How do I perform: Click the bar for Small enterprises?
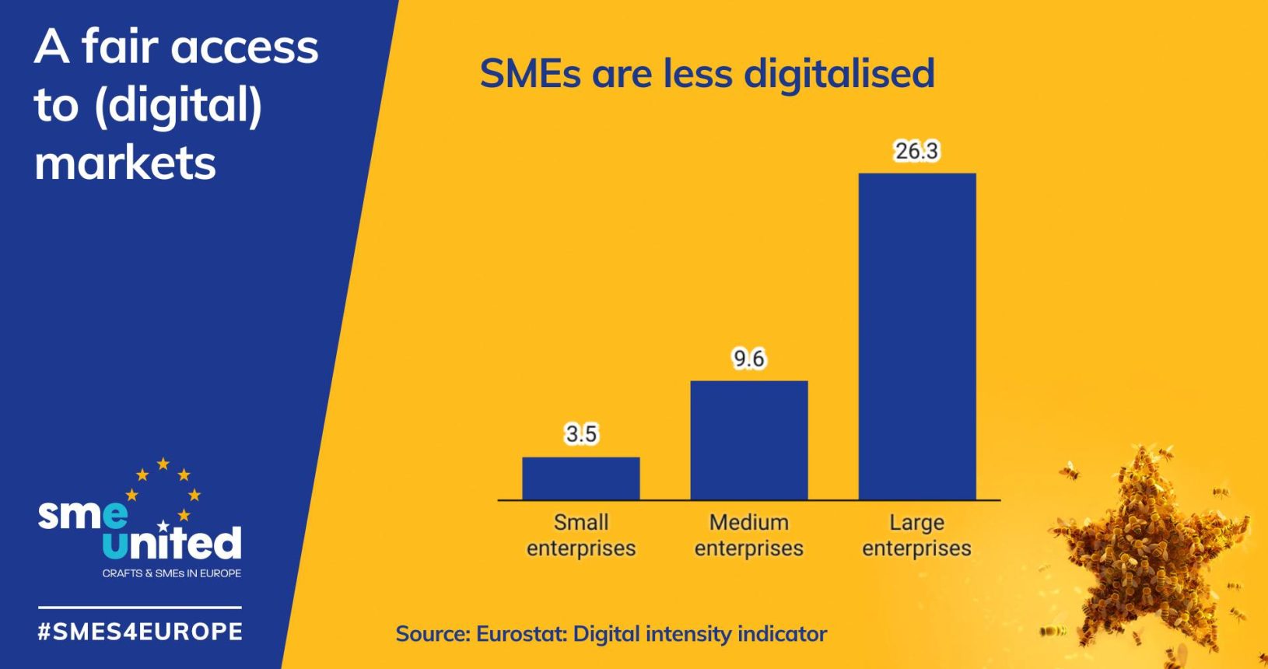point(580,478)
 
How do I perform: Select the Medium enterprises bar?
point(748,440)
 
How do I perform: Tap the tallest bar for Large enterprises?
point(916,336)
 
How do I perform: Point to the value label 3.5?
point(580,433)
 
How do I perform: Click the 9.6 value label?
point(748,358)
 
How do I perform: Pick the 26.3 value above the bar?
point(916,150)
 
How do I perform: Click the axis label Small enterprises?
point(580,535)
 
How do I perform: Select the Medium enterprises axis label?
point(748,535)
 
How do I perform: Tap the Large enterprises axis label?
point(916,535)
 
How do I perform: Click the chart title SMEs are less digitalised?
point(706,74)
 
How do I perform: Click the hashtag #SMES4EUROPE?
point(140,631)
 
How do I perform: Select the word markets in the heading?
point(125,163)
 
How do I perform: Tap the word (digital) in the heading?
point(177,106)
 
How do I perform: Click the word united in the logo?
point(172,542)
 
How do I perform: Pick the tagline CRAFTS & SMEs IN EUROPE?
point(172,573)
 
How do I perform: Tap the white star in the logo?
point(163,526)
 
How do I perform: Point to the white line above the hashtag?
point(140,608)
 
